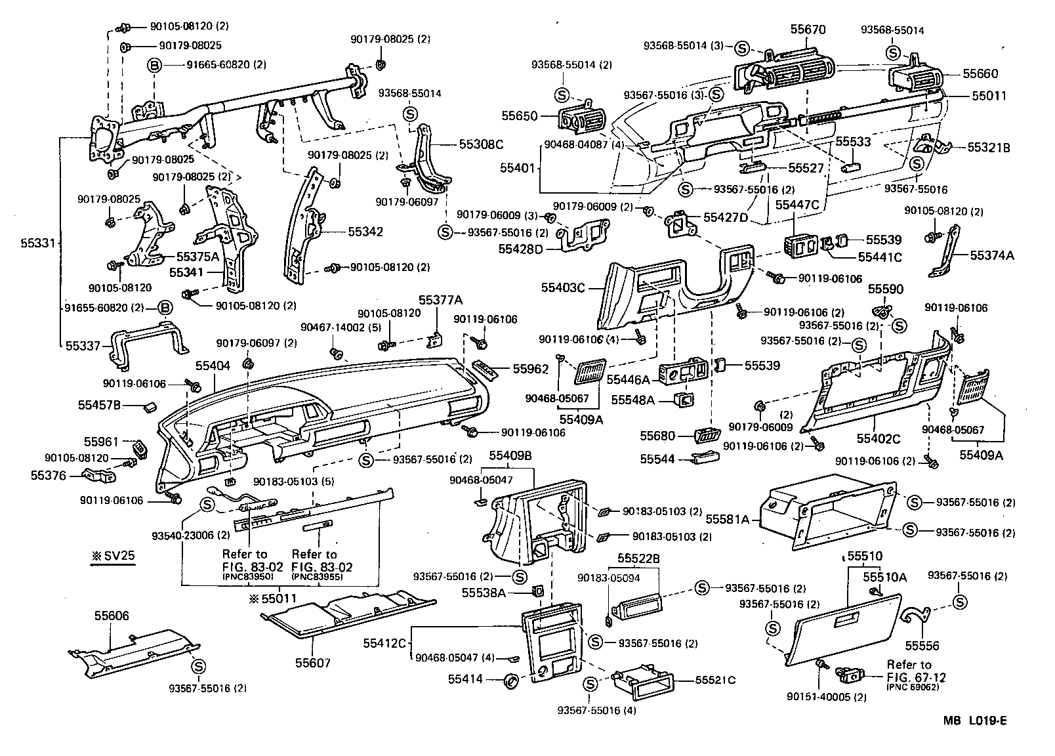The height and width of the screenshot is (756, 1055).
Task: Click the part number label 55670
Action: coord(808,30)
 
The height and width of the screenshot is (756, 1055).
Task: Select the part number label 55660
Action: coord(980,74)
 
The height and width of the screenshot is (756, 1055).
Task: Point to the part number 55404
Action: coord(213,365)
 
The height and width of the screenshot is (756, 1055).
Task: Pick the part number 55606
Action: coord(112,616)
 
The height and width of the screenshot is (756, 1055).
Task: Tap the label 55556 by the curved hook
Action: coord(923,646)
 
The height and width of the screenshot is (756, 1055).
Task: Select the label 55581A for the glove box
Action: coord(728,519)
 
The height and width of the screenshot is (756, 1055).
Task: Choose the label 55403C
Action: coord(563,287)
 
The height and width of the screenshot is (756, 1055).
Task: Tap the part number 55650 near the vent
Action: coord(520,116)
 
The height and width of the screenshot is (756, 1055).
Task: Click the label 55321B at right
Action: coord(989,148)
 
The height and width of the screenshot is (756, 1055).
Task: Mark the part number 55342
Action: coord(365,232)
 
